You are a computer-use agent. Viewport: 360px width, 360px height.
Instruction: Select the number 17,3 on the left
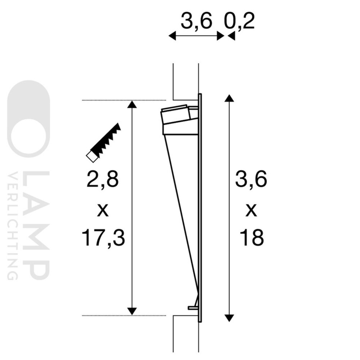click(x=103, y=238)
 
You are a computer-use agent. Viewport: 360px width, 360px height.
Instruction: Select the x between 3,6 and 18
click(x=251, y=210)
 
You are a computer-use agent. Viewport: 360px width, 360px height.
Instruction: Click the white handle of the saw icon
click(x=91, y=156)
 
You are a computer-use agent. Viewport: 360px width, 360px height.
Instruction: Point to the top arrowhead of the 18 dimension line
click(x=228, y=99)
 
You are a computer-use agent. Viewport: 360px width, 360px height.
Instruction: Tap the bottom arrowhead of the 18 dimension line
click(x=228, y=317)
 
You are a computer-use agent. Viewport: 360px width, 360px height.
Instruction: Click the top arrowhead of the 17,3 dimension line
click(x=132, y=105)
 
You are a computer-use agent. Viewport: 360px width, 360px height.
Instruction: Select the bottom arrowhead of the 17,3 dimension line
click(x=132, y=311)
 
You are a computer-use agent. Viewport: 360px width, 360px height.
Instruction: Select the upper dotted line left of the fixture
click(x=124, y=100)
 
